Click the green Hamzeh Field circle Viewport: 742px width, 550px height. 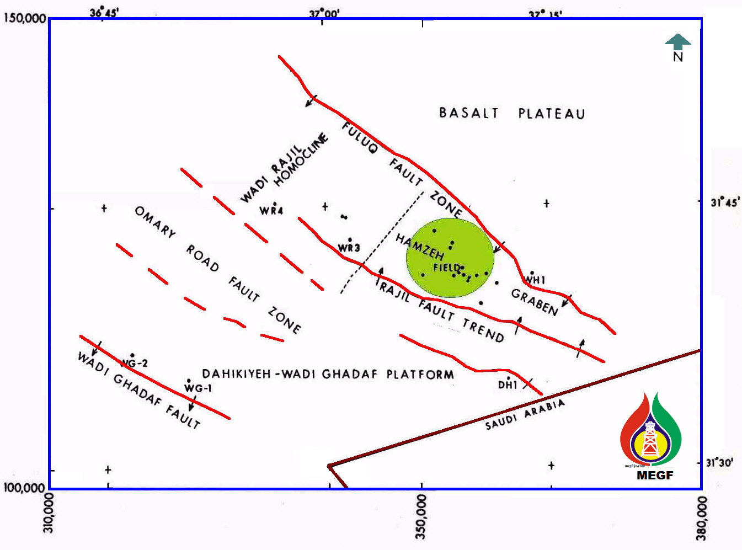pyautogui.click(x=450, y=258)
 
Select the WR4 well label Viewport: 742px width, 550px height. pyautogui.click(x=271, y=211)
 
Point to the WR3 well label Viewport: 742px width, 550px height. pyautogui.click(x=349, y=248)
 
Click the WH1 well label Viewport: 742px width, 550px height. pyautogui.click(x=535, y=280)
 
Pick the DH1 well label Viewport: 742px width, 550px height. pyautogui.click(x=508, y=385)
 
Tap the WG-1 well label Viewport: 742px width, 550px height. pyautogui.click(x=197, y=388)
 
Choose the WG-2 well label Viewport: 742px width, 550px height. pyautogui.click(x=135, y=363)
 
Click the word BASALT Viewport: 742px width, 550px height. pyautogui.click(x=469, y=113)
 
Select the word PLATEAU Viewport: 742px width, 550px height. pyautogui.click(x=551, y=114)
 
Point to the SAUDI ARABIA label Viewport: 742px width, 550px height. pyautogui.click(x=525, y=414)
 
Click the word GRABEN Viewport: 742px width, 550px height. pyautogui.click(x=534, y=302)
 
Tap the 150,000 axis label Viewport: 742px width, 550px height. pyautogui.click(x=24, y=18)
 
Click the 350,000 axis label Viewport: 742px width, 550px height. pyautogui.click(x=421, y=516)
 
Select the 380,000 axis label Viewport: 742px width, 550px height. pyautogui.click(x=701, y=519)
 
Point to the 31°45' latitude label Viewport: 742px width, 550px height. pyautogui.click(x=724, y=202)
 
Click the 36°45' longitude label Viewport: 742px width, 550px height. pyautogui.click(x=104, y=12)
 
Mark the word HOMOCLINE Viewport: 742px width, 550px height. pyautogui.click(x=301, y=159)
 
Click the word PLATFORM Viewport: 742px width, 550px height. pyautogui.click(x=420, y=375)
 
